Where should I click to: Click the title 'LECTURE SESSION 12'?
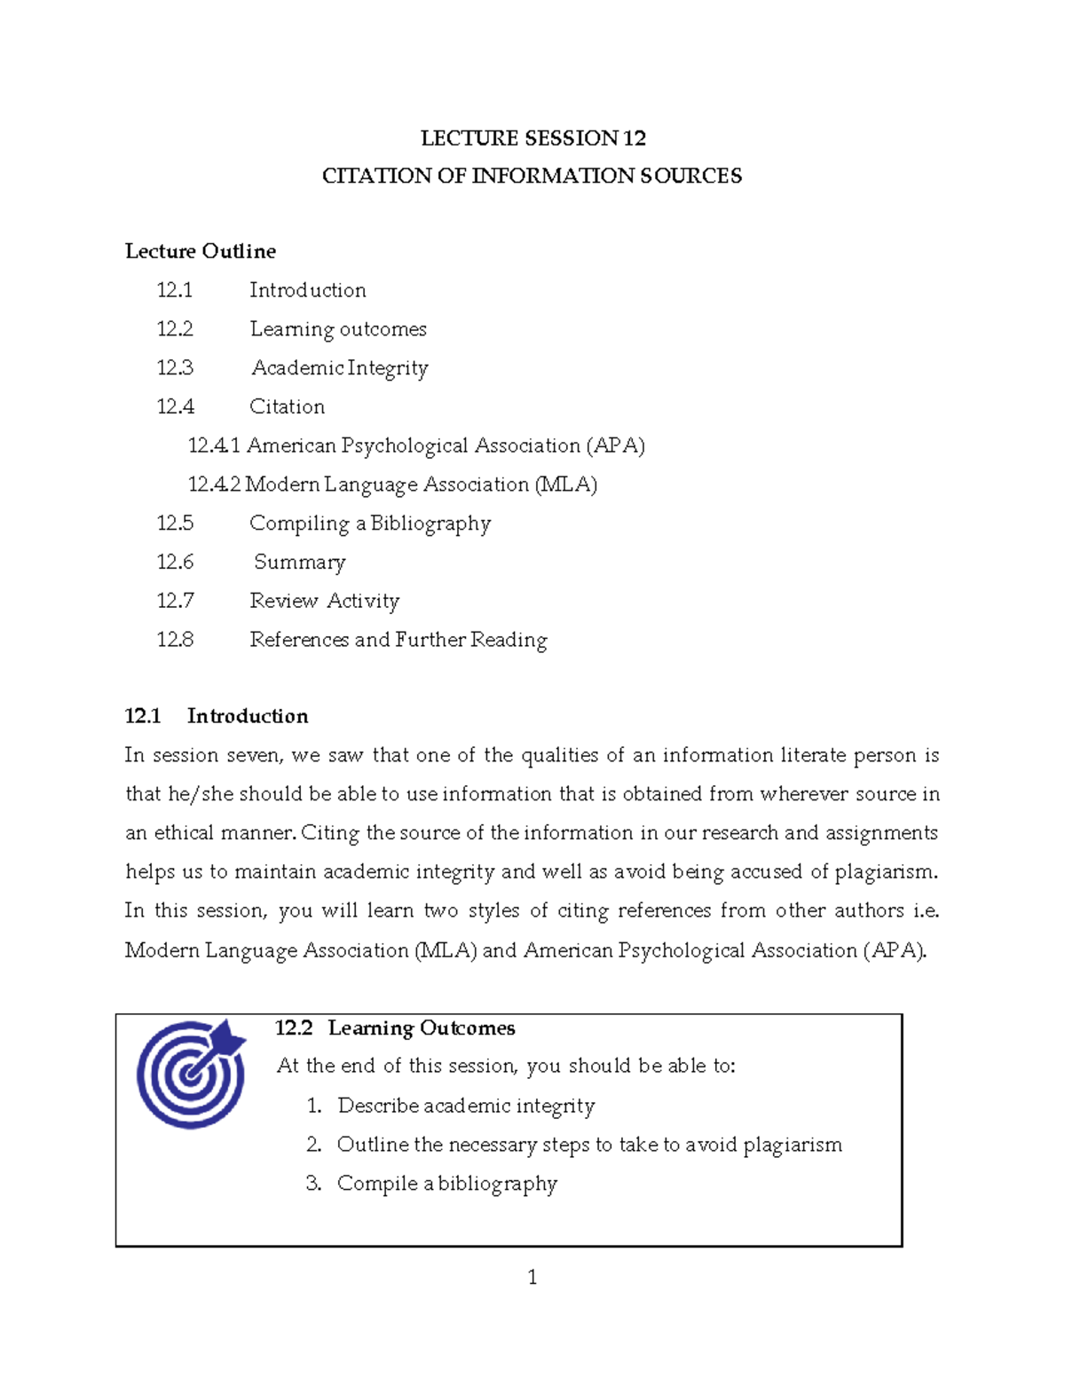coord(532,138)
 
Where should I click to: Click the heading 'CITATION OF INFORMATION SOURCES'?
coord(532,176)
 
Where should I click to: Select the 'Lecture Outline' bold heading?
coord(201,251)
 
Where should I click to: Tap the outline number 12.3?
coord(175,367)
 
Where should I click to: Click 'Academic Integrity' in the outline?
coord(339,368)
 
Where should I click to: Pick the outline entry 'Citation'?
coord(287,406)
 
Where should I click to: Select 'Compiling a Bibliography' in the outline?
coord(369,524)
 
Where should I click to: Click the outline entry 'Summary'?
coord(299,563)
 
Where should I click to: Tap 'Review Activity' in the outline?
coord(324,601)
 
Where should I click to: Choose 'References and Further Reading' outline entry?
coord(398,640)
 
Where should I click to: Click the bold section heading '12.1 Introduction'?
coord(217,716)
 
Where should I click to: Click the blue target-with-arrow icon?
coord(192,1074)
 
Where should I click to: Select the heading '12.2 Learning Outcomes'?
coord(395,1028)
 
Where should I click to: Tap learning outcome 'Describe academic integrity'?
coord(466,1106)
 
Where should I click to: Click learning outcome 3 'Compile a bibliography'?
coord(446,1184)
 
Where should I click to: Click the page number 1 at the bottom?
coord(532,1277)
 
